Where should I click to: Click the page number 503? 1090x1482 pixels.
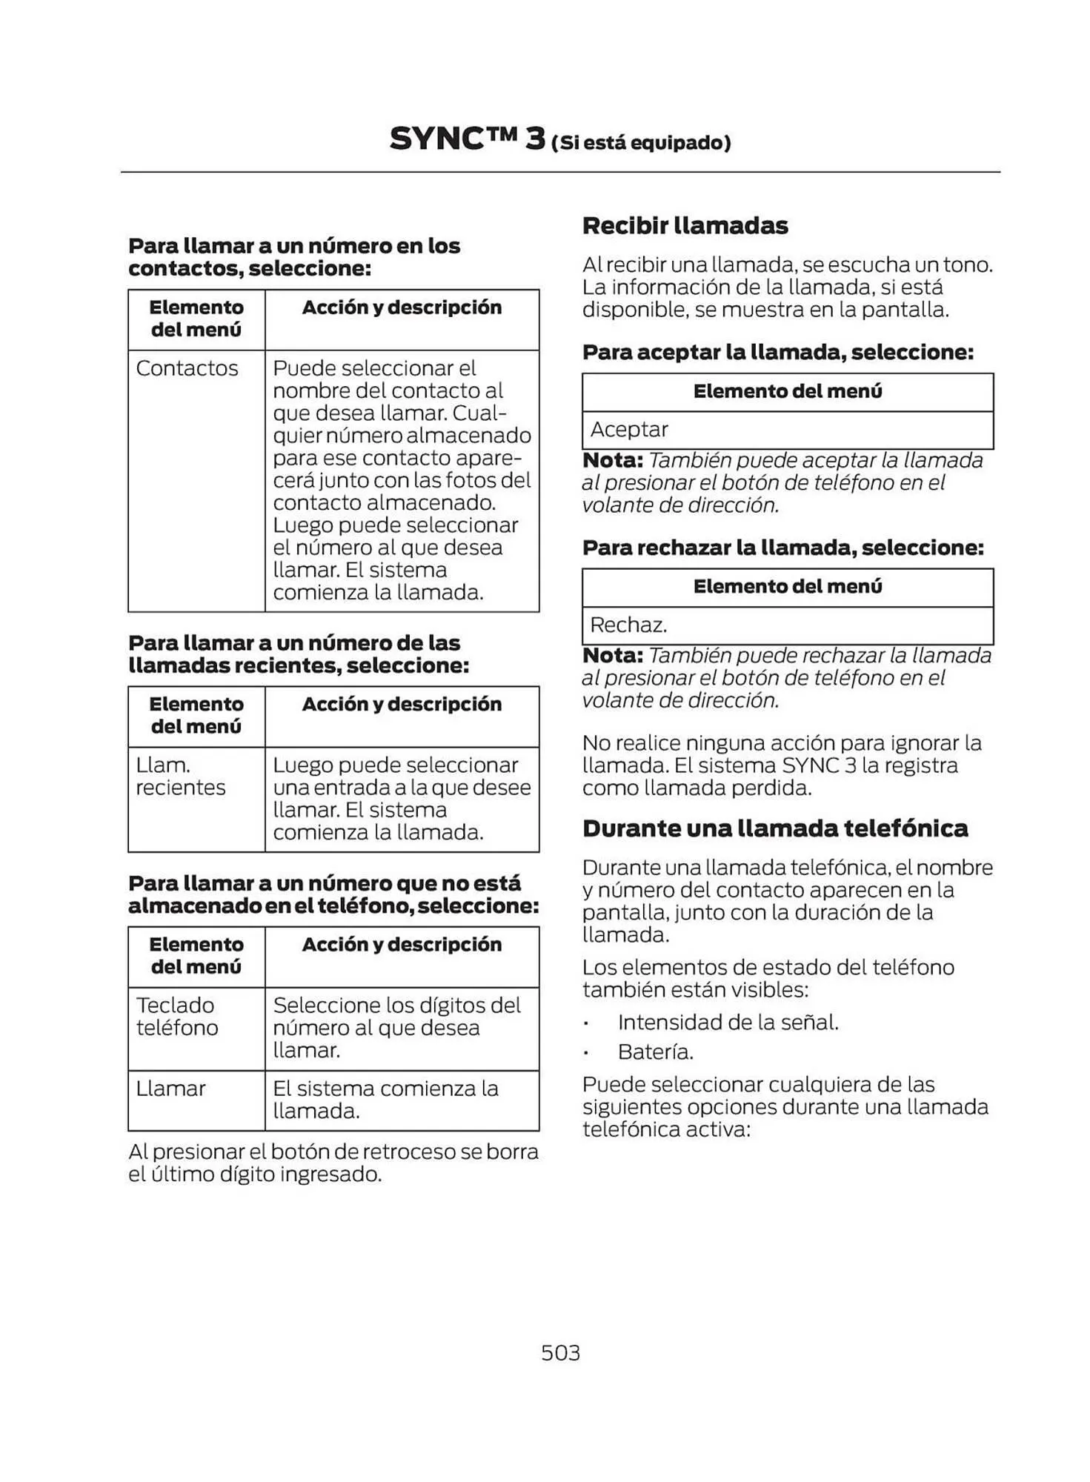[x=560, y=1352]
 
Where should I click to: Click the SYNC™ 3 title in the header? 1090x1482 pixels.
[x=467, y=139]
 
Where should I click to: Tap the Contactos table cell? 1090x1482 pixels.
[x=187, y=368]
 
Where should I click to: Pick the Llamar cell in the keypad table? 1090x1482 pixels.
[x=170, y=1089]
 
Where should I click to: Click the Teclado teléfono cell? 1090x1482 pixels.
[x=177, y=1017]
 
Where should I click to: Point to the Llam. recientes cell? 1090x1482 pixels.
[x=180, y=776]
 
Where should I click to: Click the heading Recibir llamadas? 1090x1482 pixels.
[x=685, y=225]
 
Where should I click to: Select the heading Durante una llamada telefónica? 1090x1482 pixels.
[x=774, y=828]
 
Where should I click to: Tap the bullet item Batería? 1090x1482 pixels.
[x=655, y=1051]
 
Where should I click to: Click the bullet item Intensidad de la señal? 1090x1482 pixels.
[x=728, y=1023]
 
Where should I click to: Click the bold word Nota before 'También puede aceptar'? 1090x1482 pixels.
[x=612, y=460]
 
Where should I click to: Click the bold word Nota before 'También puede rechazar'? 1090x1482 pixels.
[x=612, y=656]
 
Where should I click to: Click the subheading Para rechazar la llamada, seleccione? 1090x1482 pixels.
[x=782, y=548]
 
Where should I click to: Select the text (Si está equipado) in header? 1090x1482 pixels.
[x=641, y=142]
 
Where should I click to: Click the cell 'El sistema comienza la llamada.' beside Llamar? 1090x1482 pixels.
[x=385, y=1100]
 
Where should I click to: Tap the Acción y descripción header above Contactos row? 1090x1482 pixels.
[x=402, y=308]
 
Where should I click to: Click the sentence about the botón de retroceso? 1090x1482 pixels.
[x=333, y=1163]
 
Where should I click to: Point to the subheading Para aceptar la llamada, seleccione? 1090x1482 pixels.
[x=777, y=352]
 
